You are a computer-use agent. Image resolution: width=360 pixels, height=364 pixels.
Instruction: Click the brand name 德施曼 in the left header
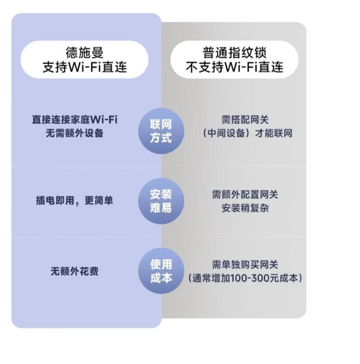(x=85, y=53)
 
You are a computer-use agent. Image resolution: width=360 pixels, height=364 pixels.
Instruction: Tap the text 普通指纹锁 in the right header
(x=234, y=53)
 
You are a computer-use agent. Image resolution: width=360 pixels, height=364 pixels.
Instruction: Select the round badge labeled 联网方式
(x=161, y=131)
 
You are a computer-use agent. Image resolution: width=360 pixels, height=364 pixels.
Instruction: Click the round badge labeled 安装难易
(x=161, y=201)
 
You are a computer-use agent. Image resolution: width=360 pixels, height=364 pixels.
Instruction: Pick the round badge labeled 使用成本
(x=161, y=271)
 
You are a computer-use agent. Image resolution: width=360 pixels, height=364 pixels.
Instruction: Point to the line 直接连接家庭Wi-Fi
(x=75, y=120)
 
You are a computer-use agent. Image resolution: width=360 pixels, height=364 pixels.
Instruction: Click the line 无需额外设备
(x=75, y=133)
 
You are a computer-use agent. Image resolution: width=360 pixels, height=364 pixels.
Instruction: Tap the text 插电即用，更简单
(x=75, y=201)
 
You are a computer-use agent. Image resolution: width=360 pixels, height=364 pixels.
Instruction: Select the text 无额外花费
(x=75, y=271)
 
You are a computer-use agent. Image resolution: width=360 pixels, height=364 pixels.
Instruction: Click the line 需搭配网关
(x=245, y=120)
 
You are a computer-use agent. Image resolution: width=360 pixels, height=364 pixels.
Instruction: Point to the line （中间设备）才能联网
(x=247, y=133)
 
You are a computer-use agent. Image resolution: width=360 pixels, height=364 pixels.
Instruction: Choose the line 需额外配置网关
(x=245, y=195)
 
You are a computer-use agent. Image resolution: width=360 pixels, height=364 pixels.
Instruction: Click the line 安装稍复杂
(x=245, y=208)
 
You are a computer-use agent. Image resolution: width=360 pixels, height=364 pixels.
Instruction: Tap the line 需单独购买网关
(x=245, y=265)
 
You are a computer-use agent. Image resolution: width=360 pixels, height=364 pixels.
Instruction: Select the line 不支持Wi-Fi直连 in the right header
(x=234, y=67)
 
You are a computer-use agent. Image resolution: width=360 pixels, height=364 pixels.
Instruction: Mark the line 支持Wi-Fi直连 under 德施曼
(x=85, y=67)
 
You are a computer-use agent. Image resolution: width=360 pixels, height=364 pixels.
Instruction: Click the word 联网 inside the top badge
(x=161, y=125)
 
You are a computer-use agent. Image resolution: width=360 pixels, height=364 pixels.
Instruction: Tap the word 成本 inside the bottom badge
(x=161, y=278)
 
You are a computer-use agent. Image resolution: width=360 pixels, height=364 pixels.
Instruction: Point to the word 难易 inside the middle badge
(x=161, y=207)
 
